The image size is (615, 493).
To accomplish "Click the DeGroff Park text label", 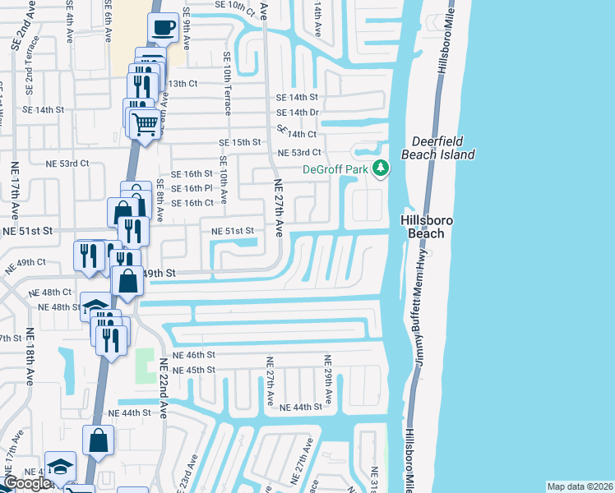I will coord(335,169).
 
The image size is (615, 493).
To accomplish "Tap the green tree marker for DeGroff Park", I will coord(380,168).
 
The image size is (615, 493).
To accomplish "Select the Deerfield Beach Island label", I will coord(438,148).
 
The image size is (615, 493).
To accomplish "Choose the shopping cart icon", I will coord(145,124).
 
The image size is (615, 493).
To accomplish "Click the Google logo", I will coord(26,483).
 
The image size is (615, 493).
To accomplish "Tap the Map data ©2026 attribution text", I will coord(580,486).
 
